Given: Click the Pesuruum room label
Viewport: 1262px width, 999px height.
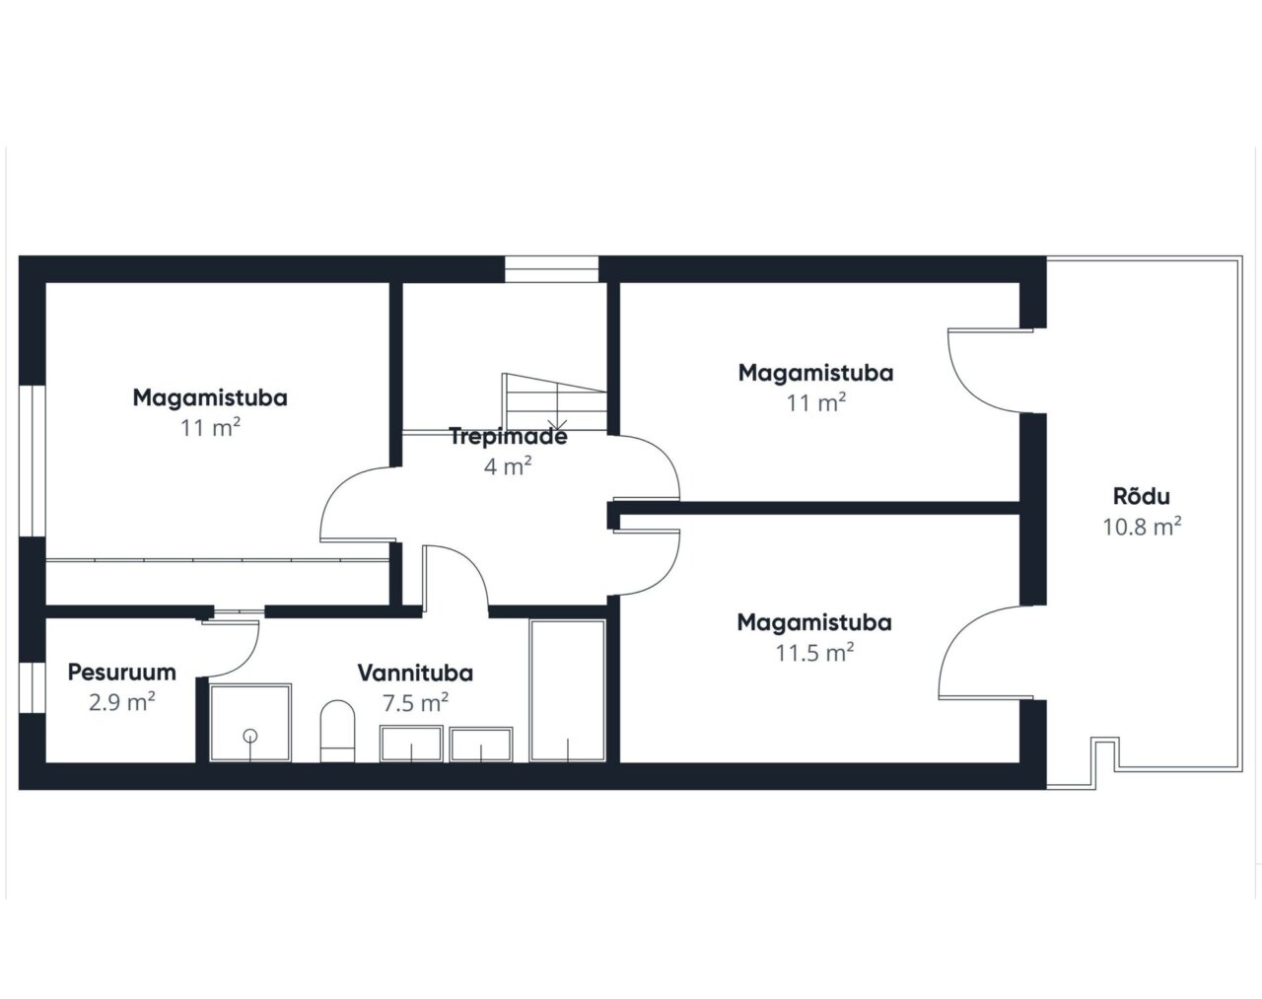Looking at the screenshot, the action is click(x=122, y=673).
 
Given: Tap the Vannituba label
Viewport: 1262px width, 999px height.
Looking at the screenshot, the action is click(x=415, y=673).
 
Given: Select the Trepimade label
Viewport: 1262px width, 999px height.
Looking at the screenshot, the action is click(x=508, y=437).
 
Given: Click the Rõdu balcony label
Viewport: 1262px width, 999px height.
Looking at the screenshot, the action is click(x=1141, y=496).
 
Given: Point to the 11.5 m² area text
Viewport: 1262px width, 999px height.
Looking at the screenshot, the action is click(x=814, y=652).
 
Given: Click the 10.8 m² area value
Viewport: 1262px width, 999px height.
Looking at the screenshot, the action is click(x=1142, y=527).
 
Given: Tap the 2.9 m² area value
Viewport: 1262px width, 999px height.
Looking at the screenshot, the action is click(x=122, y=701).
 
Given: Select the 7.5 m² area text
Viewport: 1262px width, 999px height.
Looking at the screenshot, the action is click(x=415, y=702).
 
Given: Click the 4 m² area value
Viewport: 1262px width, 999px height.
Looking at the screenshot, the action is click(x=508, y=466).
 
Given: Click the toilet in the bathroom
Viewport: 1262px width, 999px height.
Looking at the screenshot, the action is click(x=338, y=731).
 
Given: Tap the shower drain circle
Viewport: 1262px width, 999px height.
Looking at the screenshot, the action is click(x=250, y=735).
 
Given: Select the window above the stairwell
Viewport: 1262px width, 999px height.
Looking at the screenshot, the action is click(x=551, y=269).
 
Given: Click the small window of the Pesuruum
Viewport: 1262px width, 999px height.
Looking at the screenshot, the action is click(x=33, y=688).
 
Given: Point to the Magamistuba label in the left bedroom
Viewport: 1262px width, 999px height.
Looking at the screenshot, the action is click(x=210, y=397).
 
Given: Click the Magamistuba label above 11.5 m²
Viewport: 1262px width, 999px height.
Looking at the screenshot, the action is click(x=814, y=622).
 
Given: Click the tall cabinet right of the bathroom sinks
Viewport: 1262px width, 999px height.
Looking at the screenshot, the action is click(x=568, y=690).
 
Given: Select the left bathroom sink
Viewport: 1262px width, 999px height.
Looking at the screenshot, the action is click(x=411, y=744).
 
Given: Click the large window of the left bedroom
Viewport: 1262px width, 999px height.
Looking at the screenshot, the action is click(x=33, y=462).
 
